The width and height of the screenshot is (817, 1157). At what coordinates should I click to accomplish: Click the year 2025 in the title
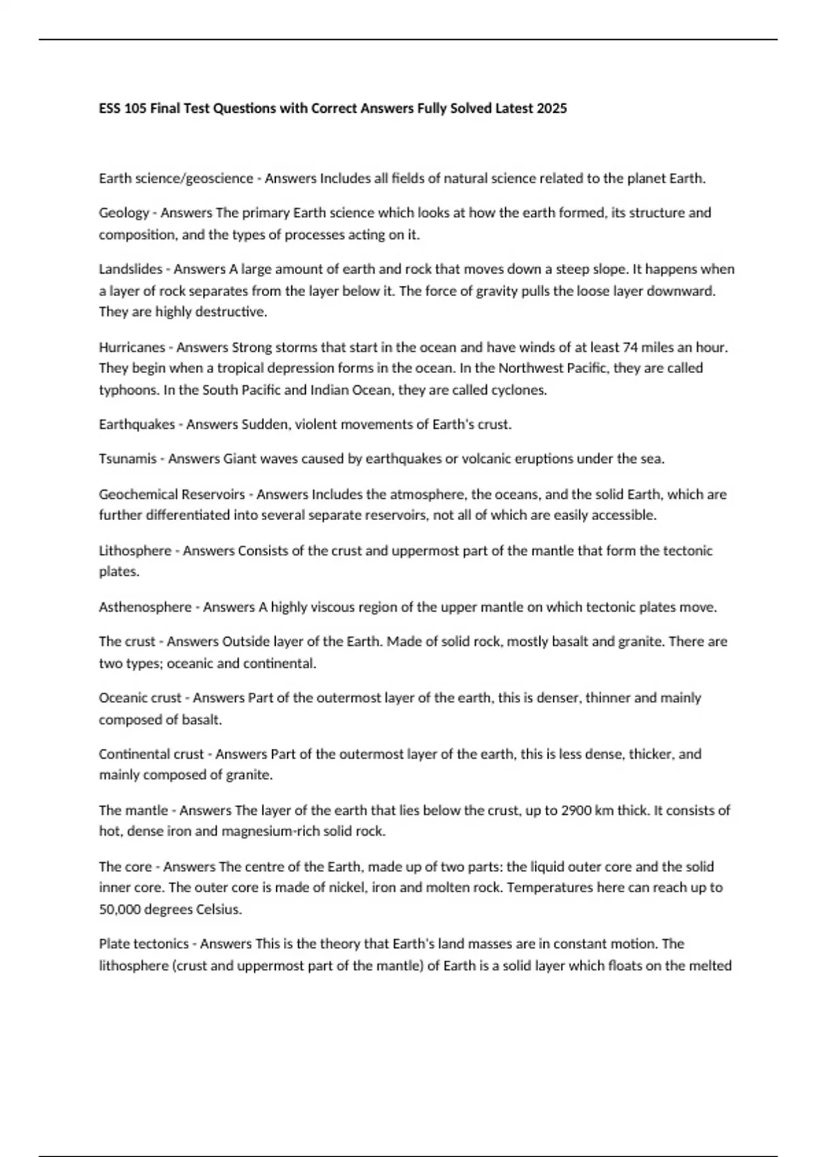(x=551, y=108)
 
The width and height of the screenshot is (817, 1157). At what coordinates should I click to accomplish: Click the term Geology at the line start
(x=123, y=213)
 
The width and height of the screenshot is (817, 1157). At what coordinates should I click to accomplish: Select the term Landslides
(x=131, y=269)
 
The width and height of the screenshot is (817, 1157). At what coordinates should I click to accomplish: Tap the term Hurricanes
(x=132, y=347)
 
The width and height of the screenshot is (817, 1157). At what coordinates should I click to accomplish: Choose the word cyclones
(x=522, y=390)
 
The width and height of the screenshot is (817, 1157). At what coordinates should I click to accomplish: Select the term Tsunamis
(x=127, y=459)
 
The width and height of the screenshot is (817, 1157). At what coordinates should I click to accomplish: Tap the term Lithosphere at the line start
(x=135, y=551)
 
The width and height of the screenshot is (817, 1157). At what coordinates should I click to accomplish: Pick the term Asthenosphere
(x=145, y=607)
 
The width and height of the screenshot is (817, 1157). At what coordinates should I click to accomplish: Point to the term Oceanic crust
(x=140, y=698)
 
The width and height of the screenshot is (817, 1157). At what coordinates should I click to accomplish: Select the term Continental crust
(x=151, y=754)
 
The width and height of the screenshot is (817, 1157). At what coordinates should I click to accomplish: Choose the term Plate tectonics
(x=144, y=944)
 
